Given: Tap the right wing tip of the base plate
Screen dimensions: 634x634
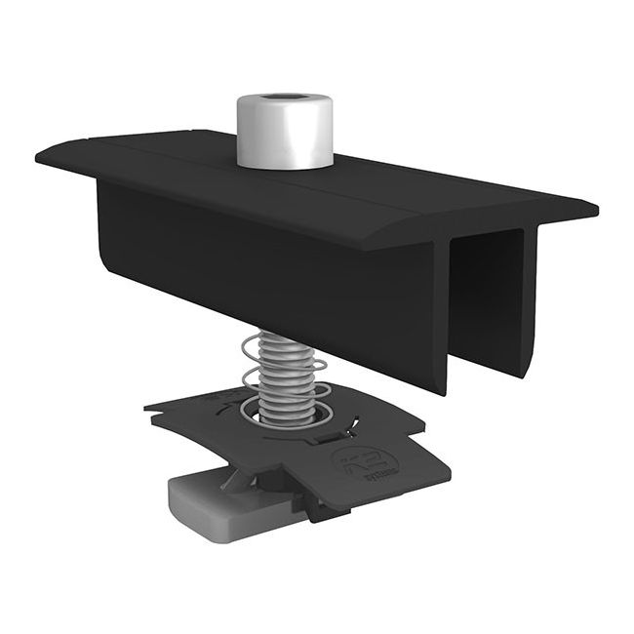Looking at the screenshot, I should pyautogui.click(x=439, y=473).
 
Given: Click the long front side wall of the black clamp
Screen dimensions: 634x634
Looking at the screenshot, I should pyautogui.click(x=263, y=263).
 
